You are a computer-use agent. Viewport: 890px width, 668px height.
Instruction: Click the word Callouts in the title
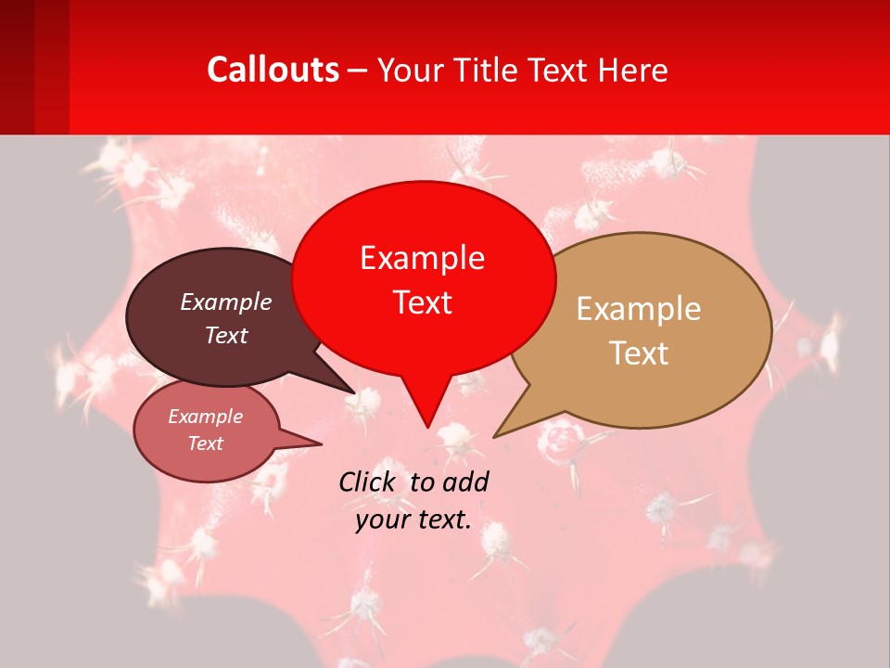(x=273, y=70)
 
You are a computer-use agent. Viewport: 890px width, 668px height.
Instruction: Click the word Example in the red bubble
(x=423, y=258)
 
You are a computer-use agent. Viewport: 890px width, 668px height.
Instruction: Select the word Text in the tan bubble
(x=639, y=353)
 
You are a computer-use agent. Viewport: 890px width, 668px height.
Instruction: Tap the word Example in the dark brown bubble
(x=226, y=302)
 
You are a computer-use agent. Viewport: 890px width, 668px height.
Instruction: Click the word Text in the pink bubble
(x=206, y=443)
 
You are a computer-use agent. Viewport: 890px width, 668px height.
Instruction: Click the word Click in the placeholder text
(x=368, y=482)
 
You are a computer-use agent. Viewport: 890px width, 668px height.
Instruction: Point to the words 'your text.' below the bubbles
(x=413, y=520)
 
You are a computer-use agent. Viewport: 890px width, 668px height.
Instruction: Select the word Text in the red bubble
(x=423, y=302)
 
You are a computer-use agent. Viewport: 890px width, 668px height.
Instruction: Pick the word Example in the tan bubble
(x=639, y=309)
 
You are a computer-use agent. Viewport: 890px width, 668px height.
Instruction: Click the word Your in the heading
(x=413, y=70)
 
